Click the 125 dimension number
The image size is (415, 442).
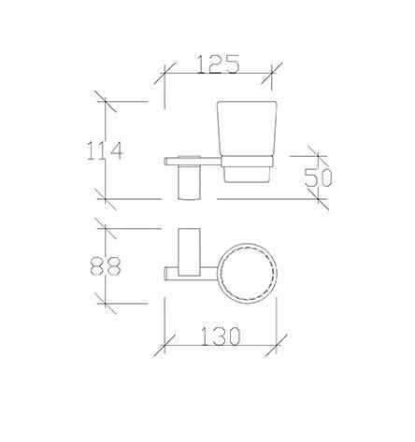click(x=219, y=64)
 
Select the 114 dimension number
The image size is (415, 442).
click(x=105, y=150)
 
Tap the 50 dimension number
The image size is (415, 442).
click(x=318, y=178)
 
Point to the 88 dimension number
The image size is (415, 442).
click(x=106, y=265)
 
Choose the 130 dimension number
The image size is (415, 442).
click(x=221, y=336)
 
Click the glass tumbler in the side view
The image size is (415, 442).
click(x=247, y=128)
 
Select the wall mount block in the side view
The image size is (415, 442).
click(x=189, y=183)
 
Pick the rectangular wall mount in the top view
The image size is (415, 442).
click(x=189, y=252)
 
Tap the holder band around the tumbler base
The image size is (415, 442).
click(x=247, y=162)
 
